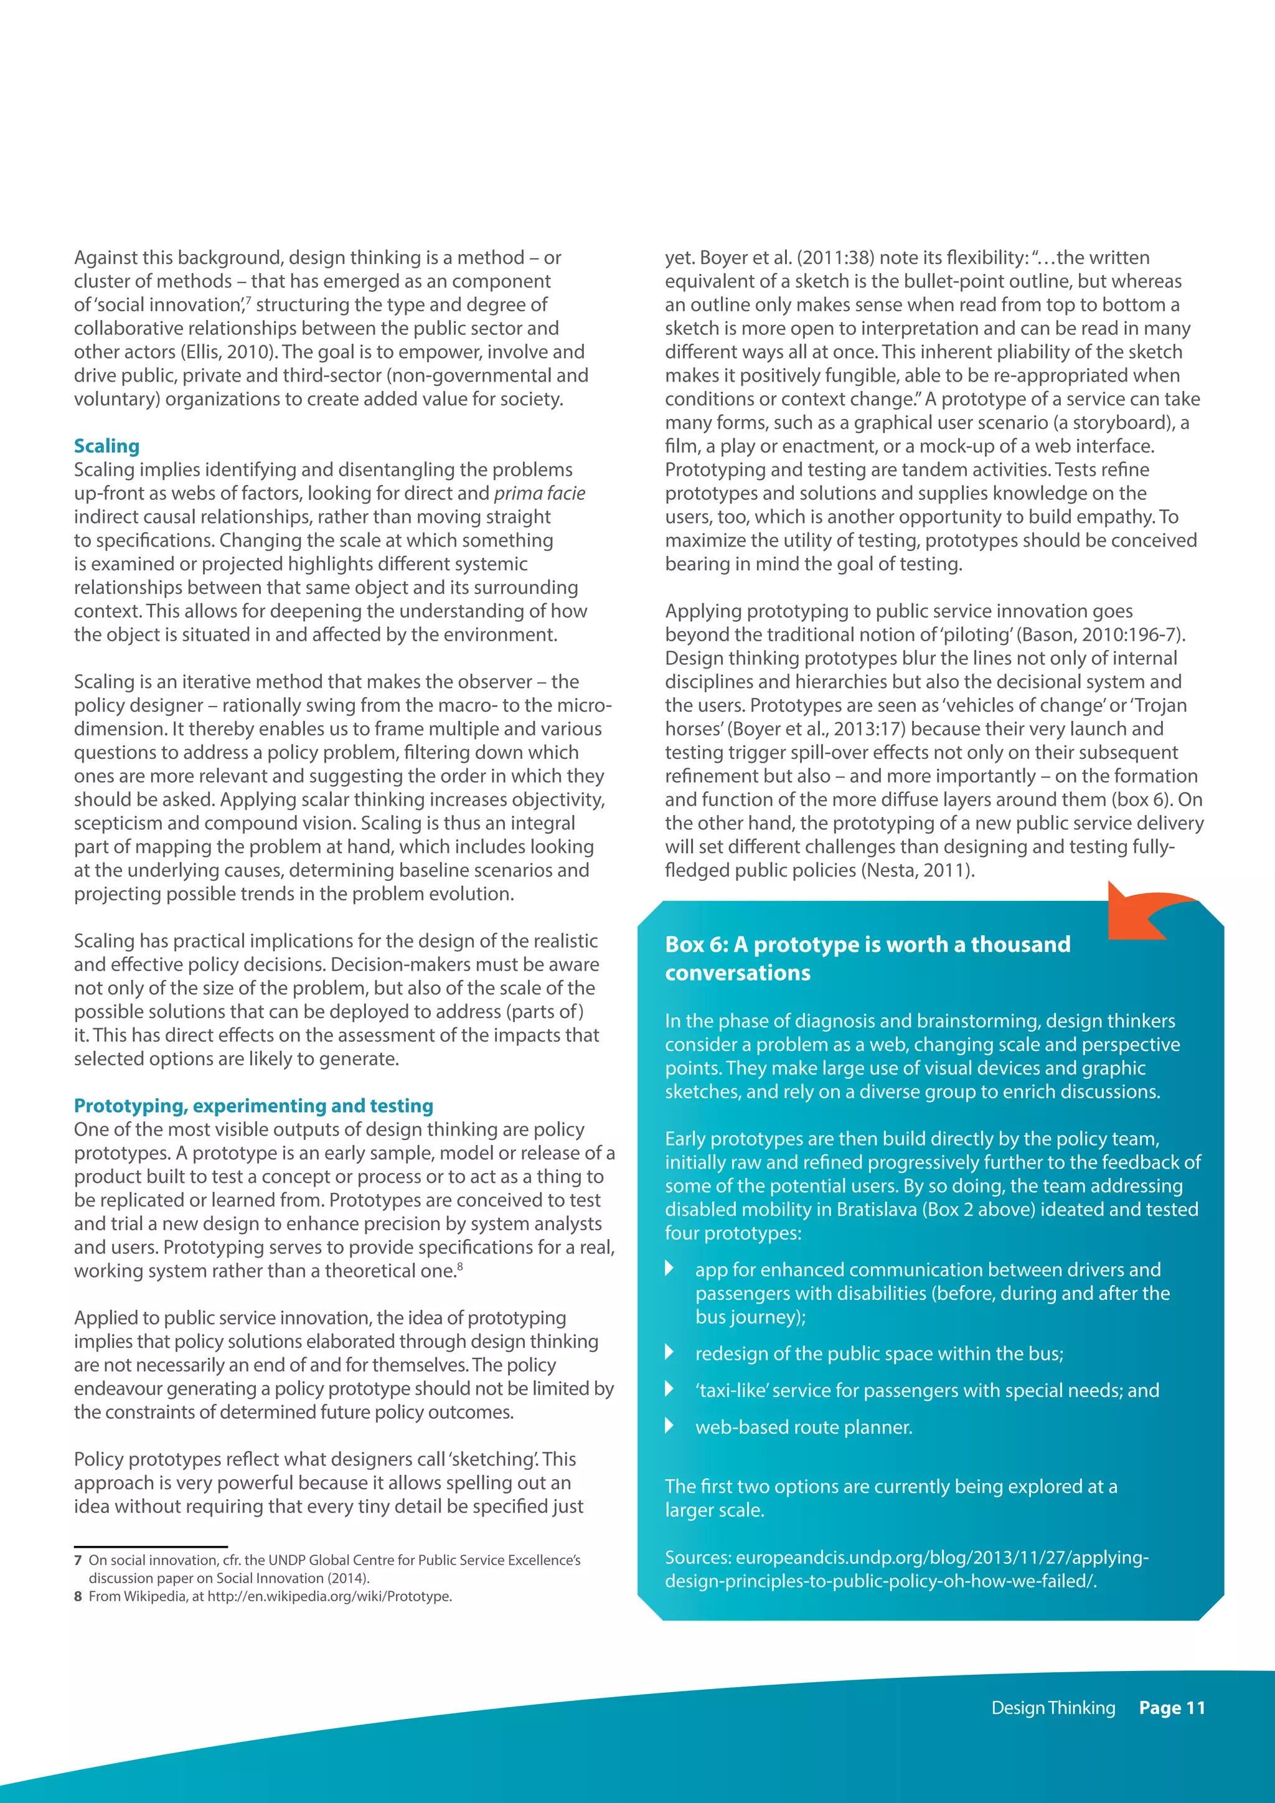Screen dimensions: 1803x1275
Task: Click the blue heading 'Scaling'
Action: [107, 446]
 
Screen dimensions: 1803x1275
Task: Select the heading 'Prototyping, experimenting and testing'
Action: [253, 1106]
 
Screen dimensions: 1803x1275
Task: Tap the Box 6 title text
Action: [867, 958]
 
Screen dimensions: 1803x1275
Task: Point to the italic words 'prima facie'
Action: [539, 493]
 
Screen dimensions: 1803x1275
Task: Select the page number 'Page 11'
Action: [1172, 1707]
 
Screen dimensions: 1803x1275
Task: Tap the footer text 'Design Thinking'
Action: [1053, 1707]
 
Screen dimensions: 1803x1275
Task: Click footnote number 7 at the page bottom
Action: [78, 1560]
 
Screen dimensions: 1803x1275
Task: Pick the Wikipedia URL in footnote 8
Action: [330, 1596]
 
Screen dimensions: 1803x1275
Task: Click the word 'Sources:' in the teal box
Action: [697, 1557]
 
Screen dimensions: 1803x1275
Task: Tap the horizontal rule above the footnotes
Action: [151, 1546]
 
